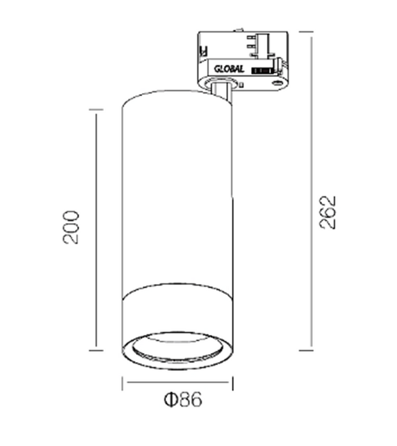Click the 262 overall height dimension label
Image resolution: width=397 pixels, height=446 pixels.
326,211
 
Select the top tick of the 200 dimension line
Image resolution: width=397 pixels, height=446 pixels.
96,110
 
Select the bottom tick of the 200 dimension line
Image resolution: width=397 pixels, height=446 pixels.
96,349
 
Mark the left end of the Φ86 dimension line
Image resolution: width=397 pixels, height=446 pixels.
122,382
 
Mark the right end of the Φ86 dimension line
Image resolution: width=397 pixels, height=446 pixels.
232,382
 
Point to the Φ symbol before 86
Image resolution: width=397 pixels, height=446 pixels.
170,399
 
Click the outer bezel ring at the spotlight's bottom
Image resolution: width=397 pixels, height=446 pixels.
177,364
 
